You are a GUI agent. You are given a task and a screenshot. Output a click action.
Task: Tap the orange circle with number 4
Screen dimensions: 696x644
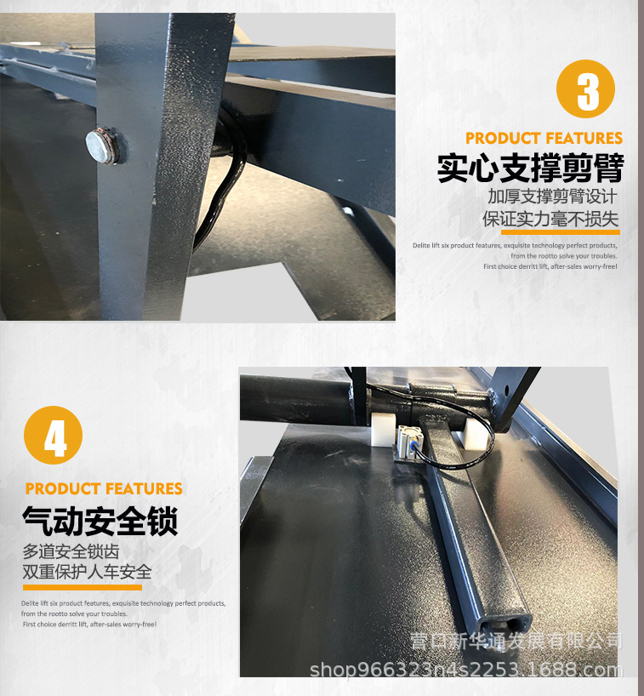point(54,436)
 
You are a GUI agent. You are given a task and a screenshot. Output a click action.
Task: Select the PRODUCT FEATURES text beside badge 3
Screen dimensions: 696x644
point(544,138)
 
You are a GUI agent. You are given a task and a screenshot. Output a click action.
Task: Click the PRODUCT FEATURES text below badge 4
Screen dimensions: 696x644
point(104,488)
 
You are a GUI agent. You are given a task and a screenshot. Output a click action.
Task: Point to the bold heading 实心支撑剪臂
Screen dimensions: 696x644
point(530,168)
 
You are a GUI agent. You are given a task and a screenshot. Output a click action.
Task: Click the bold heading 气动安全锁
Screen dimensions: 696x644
point(100,519)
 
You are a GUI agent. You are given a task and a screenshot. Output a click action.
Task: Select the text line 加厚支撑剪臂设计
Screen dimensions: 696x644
point(557,197)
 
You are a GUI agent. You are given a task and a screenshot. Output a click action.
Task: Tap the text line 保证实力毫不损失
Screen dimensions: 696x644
point(550,219)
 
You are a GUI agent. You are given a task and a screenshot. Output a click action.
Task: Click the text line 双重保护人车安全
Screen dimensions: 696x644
point(87,571)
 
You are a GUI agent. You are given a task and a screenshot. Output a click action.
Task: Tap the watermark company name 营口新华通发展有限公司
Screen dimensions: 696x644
point(516,641)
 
